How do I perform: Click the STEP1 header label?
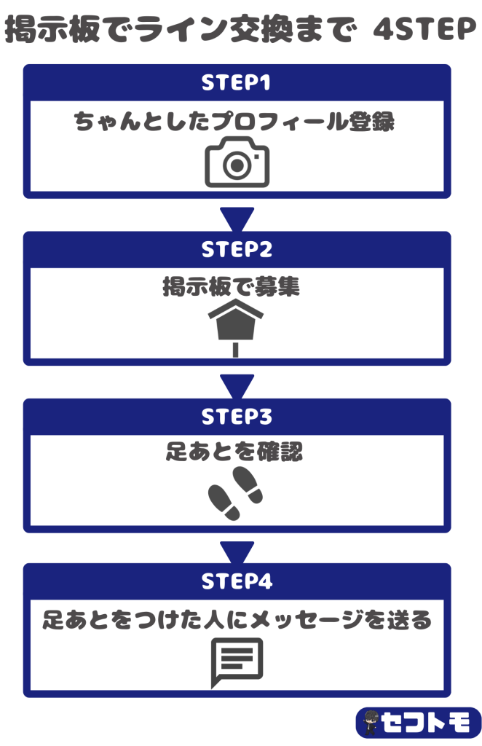(x=237, y=83)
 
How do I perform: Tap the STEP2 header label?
(x=237, y=250)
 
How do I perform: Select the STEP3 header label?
(x=237, y=417)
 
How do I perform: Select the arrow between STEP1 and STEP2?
(x=237, y=216)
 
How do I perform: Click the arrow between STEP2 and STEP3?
(x=237, y=384)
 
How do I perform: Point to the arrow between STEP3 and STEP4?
(x=237, y=550)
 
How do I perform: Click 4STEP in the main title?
(x=423, y=31)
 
